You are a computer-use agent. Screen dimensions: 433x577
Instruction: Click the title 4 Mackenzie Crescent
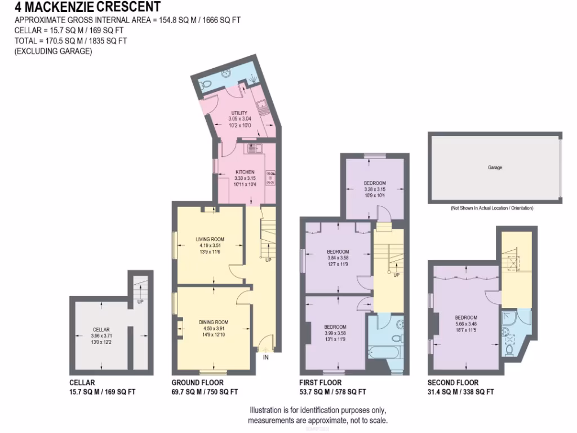coord(87,7)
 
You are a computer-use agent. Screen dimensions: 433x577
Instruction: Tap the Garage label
coord(495,167)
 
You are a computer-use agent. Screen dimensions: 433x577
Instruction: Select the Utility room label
coord(239,113)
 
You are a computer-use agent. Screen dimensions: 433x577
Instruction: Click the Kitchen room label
coord(245,172)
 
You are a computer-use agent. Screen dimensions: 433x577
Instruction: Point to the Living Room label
coord(210,239)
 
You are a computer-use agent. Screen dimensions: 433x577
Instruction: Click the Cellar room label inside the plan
coord(101,330)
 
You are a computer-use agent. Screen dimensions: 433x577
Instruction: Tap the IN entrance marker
coord(266,357)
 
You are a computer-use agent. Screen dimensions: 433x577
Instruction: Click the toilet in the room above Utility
coord(206,83)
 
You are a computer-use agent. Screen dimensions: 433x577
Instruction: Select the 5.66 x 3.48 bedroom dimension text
coord(466,324)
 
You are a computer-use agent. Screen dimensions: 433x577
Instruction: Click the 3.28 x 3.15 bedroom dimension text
coord(374,189)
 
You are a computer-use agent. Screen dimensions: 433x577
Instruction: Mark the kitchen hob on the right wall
coord(271,178)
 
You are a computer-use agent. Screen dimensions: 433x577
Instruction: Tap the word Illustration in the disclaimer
coord(267,410)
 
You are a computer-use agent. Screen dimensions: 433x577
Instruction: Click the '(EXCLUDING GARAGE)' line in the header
coord(53,51)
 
